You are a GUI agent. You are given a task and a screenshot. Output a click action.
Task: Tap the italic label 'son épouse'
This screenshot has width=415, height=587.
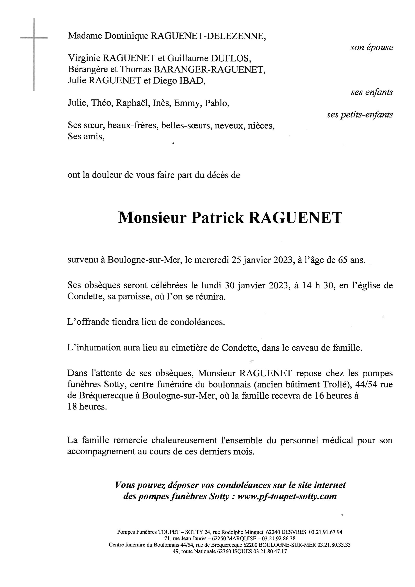(x=372, y=47)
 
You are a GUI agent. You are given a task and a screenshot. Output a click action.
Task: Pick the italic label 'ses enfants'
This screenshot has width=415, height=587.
(x=372, y=92)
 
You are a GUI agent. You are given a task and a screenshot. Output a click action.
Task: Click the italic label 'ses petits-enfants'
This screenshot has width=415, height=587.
(x=360, y=115)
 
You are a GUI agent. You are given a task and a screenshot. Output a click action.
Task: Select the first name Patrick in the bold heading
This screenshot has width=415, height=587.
(x=217, y=218)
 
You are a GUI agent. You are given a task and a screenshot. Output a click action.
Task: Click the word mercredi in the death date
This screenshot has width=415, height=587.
(x=212, y=260)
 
